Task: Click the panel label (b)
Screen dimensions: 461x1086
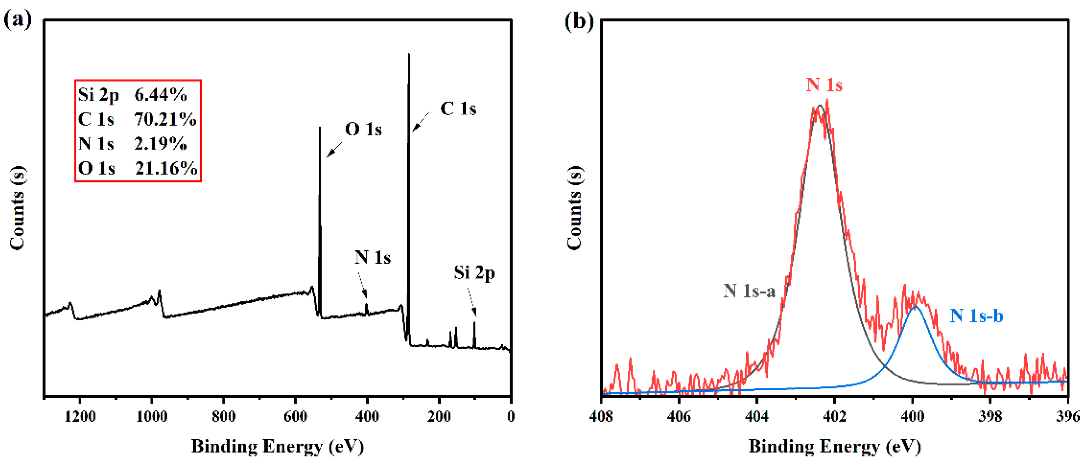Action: (579, 21)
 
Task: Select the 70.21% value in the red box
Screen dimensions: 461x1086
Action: (165, 119)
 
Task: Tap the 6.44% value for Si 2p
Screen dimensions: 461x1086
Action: (161, 95)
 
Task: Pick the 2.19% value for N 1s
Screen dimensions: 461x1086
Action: (161, 144)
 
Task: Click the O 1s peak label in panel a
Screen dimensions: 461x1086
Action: (363, 129)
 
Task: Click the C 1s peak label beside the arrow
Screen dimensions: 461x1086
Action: (458, 109)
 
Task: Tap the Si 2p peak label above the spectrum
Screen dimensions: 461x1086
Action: (474, 273)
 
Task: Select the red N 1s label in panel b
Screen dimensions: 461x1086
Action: (824, 85)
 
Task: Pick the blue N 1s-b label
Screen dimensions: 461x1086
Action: (976, 315)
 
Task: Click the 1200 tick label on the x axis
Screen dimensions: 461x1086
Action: (80, 417)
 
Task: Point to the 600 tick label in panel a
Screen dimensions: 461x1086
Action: (295, 417)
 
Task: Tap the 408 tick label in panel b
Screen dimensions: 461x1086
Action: (602, 417)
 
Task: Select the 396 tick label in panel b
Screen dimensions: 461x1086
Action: (1067, 417)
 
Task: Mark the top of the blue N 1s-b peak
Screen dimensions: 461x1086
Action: (915, 307)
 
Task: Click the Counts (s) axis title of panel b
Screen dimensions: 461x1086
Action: (574, 207)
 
